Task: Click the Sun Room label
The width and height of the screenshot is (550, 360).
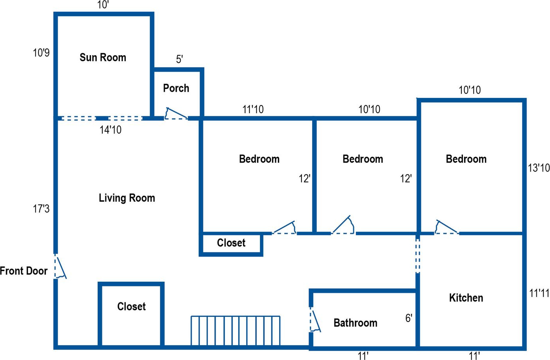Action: tap(103, 58)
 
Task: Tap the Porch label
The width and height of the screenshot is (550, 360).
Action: tap(176, 88)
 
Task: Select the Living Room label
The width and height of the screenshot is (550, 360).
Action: tap(127, 198)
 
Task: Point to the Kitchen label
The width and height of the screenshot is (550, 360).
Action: tap(466, 298)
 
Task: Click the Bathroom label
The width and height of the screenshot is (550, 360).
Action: tap(355, 323)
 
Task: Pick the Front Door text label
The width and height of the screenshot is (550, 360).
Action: tap(24, 271)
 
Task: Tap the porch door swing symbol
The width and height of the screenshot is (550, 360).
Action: tap(176, 114)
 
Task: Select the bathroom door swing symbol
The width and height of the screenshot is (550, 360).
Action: tap(315, 320)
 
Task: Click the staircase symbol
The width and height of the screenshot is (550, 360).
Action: tap(235, 331)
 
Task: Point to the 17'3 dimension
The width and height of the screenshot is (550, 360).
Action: tap(41, 209)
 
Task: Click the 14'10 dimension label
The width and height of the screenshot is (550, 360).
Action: tap(111, 130)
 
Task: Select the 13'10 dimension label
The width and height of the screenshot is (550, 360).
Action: tap(539, 168)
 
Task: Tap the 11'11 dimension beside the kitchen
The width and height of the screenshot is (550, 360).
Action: tap(539, 293)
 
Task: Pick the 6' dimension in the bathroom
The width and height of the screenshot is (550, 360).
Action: tap(408, 318)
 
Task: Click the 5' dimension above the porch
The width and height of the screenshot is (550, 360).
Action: tap(180, 59)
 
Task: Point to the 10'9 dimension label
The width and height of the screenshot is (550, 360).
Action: tap(41, 52)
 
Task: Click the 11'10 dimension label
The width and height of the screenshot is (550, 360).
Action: tap(253, 109)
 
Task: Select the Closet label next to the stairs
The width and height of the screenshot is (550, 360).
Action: tap(131, 306)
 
